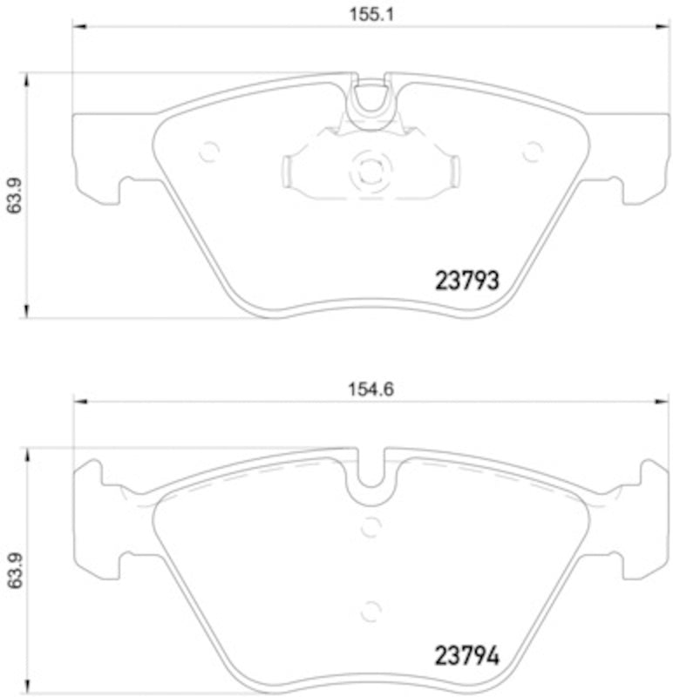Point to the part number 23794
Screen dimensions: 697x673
pyautogui.click(x=466, y=653)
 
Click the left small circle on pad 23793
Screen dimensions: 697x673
pyautogui.click(x=208, y=152)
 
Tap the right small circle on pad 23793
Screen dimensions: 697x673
pyautogui.click(x=531, y=152)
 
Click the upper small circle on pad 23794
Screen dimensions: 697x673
pyautogui.click(x=370, y=526)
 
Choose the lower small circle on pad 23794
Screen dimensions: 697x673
pyautogui.click(x=370, y=610)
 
